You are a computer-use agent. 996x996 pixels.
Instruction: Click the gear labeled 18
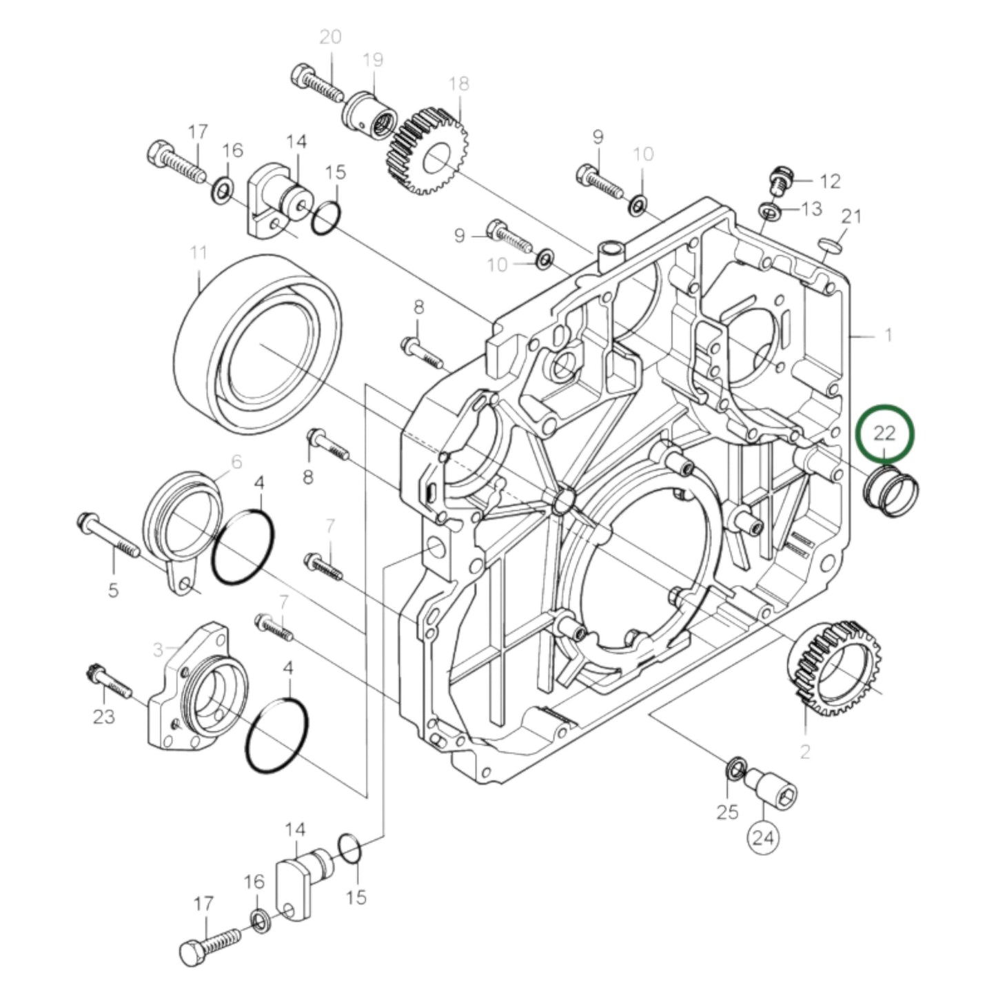[431, 150]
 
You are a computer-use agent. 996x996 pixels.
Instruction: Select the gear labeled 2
[835, 668]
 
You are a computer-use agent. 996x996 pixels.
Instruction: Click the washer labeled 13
[769, 210]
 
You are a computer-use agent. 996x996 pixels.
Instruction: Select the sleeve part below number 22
[891, 490]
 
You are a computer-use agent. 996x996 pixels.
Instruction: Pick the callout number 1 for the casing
[888, 336]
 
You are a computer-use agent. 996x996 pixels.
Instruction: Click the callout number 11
[199, 253]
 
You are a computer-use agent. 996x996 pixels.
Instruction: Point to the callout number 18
[458, 83]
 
